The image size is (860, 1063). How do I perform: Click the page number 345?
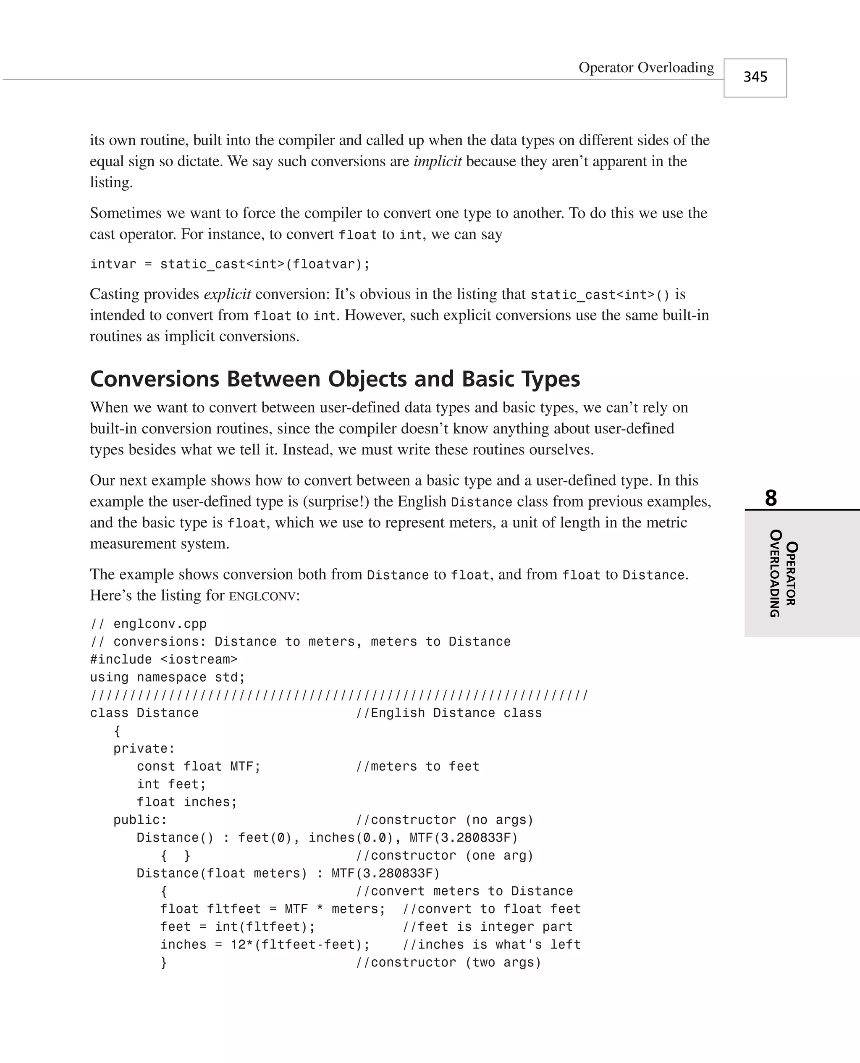click(755, 77)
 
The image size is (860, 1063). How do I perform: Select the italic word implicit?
click(438, 161)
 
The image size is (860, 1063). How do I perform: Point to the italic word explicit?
click(227, 294)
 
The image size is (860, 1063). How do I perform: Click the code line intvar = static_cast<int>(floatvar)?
click(230, 264)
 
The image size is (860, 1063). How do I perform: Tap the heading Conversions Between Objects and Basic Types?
click(335, 379)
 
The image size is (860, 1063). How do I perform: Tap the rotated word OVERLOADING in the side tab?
click(776, 573)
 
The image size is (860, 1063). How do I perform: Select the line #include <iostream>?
click(163, 659)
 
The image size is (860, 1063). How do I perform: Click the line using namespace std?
click(168, 677)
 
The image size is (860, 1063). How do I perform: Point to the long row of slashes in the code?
click(339, 696)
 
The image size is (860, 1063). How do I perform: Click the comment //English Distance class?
click(449, 713)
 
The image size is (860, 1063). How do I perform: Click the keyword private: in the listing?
click(144, 748)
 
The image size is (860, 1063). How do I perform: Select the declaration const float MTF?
click(198, 766)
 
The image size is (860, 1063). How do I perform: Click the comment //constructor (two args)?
click(449, 963)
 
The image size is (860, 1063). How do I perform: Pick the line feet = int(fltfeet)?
click(238, 927)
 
